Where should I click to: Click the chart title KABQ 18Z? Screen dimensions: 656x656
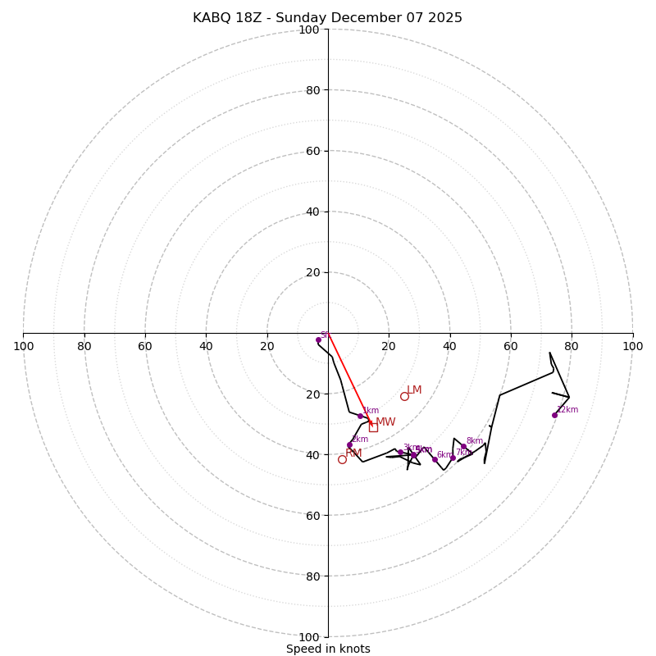coord(327,18)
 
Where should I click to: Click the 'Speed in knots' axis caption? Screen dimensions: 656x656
coord(328,649)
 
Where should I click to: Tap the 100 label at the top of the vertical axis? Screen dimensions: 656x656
coord(309,30)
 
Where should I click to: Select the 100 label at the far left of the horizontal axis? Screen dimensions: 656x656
coord(24,346)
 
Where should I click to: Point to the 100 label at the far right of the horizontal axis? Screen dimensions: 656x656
coord(632,346)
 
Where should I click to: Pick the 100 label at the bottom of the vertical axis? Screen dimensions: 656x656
coord(309,637)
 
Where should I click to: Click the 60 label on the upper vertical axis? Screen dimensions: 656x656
coord(312,151)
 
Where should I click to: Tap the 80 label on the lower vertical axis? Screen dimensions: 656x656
coord(312,576)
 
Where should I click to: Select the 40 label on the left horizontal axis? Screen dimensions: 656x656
coord(206,346)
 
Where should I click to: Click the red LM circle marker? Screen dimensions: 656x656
coord(404,396)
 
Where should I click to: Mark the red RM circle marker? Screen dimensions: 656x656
coord(342,459)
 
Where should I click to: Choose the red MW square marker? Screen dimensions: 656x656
coord(373,427)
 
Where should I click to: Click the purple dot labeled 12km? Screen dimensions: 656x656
coord(554,415)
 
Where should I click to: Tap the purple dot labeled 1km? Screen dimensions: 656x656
coord(360,416)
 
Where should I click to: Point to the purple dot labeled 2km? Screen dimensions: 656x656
coord(349,444)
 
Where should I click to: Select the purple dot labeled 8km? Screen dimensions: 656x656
coord(463,447)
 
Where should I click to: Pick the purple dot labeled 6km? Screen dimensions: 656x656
coord(435,459)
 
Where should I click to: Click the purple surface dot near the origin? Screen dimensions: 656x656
coord(318,339)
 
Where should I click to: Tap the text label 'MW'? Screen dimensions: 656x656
coord(385,422)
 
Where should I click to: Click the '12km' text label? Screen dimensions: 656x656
coord(567,410)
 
